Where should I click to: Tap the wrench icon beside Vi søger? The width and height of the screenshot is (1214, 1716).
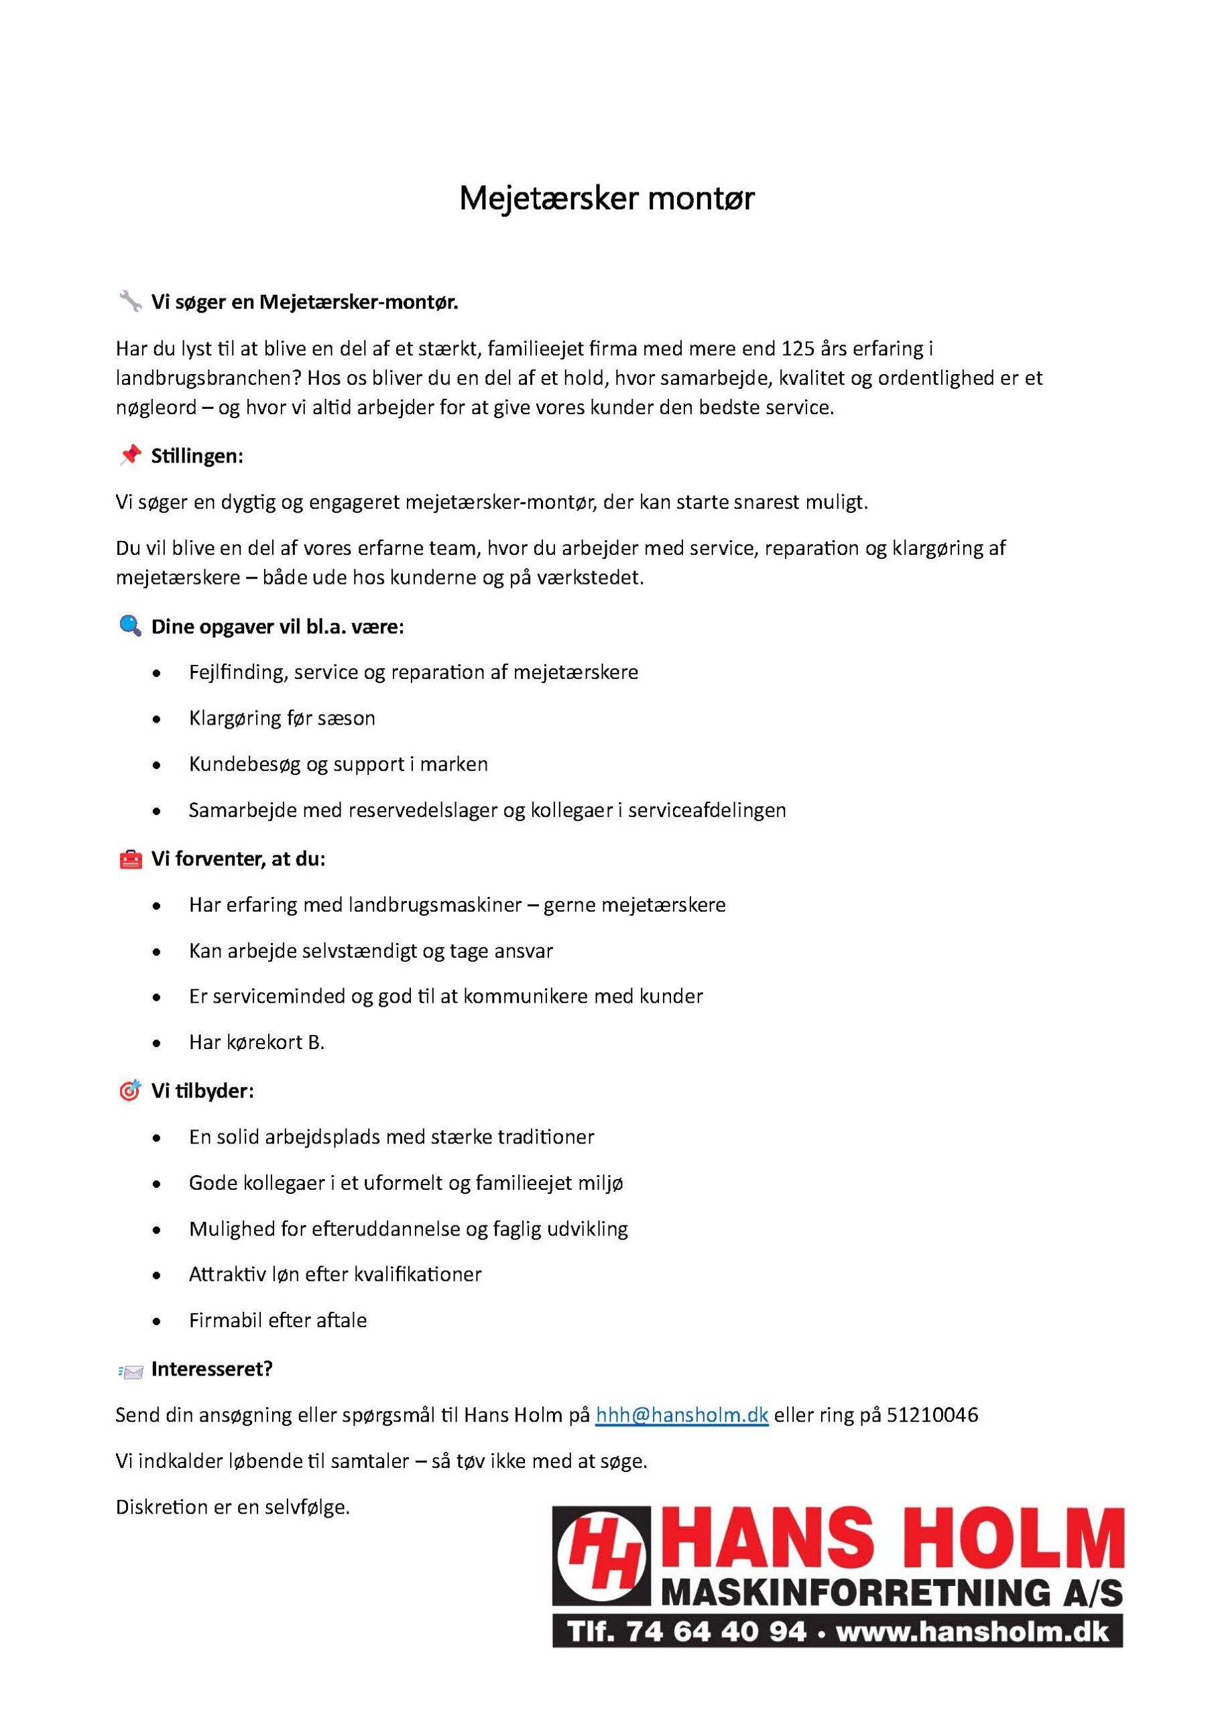(x=130, y=301)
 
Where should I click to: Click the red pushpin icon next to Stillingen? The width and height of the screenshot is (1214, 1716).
(x=130, y=455)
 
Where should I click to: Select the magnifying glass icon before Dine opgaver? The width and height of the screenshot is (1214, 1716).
(x=130, y=625)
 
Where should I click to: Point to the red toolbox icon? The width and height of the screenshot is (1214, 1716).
(x=130, y=859)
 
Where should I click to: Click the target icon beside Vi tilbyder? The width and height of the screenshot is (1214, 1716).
(x=130, y=1091)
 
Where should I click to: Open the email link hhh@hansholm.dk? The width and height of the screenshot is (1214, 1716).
(x=681, y=1415)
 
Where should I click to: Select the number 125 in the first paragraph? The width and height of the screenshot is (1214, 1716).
(x=798, y=349)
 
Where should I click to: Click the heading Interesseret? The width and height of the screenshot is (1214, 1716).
(x=212, y=1369)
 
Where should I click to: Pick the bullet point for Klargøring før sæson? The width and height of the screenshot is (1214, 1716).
(x=156, y=720)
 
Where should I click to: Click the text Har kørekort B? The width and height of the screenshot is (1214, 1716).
(x=256, y=1042)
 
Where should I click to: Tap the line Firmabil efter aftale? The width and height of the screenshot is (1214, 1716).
(x=278, y=1320)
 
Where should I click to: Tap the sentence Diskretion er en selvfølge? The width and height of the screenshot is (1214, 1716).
(x=233, y=1507)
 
